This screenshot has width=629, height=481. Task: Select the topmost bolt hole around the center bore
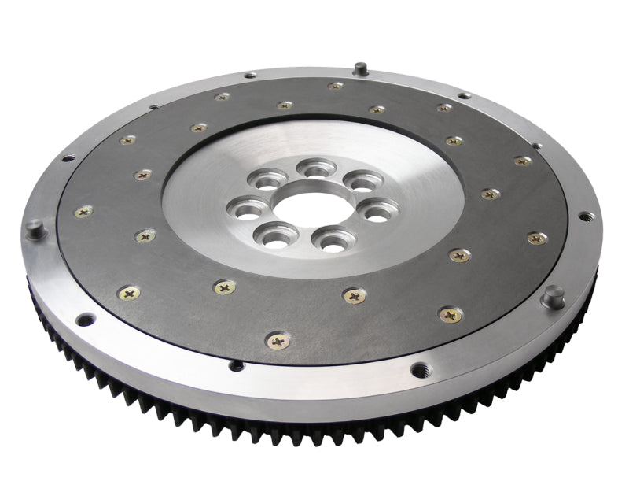(x=317, y=168)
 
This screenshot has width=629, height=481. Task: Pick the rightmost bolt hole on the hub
(x=380, y=211)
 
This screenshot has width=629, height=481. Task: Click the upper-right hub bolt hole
(x=363, y=183)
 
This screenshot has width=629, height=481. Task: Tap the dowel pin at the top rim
(x=360, y=68)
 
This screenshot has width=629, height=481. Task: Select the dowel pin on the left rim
(x=34, y=229)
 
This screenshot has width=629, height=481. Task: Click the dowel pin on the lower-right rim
(x=554, y=295)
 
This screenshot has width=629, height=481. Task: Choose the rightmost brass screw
(x=537, y=238)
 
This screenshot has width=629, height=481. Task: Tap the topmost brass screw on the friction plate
(x=336, y=85)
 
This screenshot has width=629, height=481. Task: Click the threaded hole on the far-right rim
(x=586, y=216)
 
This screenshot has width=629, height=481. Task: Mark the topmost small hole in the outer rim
(x=250, y=76)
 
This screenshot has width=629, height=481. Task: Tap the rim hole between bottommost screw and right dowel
(x=419, y=368)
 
